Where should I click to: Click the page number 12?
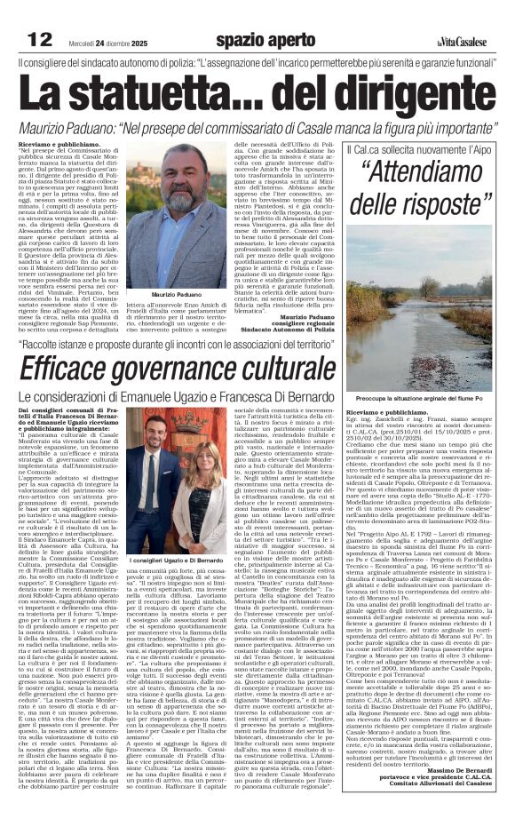[40, 39]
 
